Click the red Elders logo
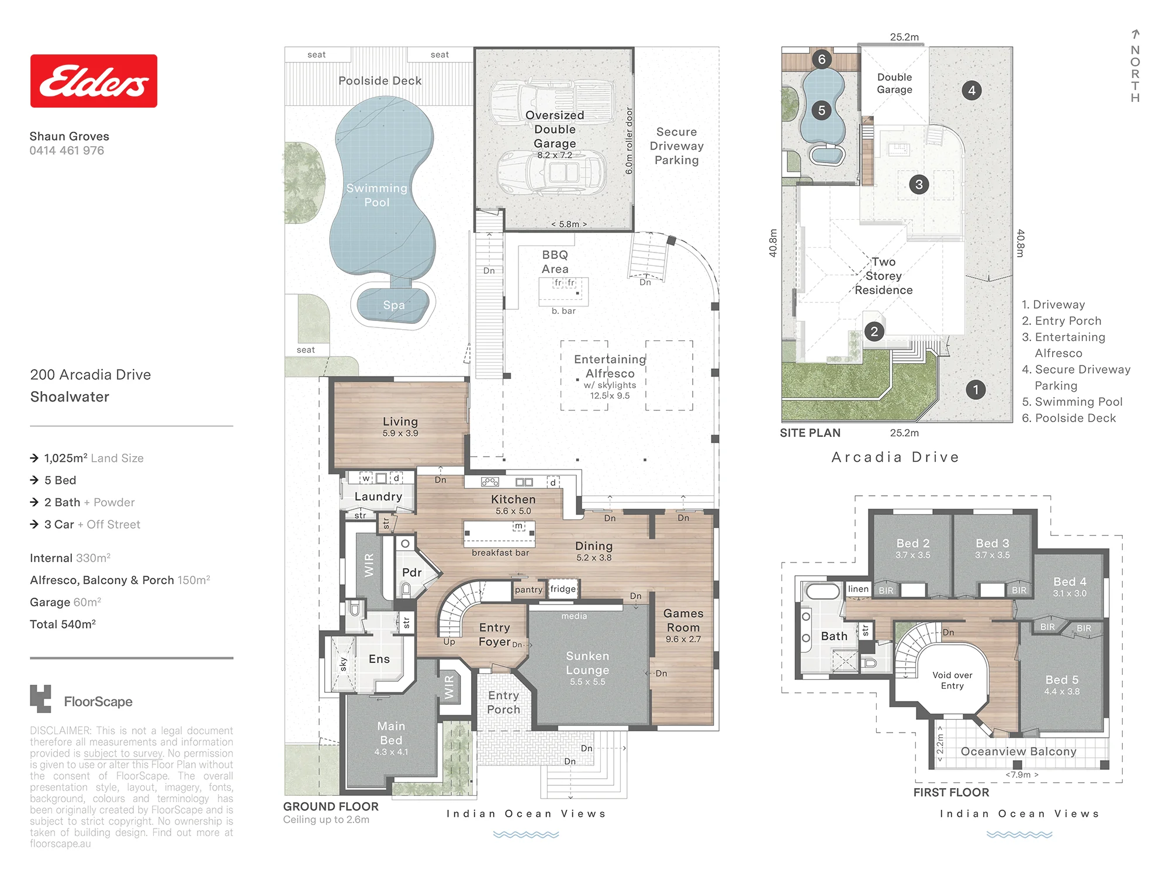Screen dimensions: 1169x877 point(94,81)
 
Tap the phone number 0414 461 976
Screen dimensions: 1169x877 point(67,150)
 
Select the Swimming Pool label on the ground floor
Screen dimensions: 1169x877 point(376,195)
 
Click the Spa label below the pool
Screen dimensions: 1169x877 point(394,305)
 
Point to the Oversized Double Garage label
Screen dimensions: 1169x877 point(555,129)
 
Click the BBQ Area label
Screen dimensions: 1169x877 point(555,262)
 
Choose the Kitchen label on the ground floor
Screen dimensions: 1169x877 point(513,499)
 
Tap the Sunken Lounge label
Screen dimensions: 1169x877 point(587,663)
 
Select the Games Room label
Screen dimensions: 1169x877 point(683,620)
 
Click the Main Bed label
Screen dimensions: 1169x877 point(391,733)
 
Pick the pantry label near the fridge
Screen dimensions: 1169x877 point(528,590)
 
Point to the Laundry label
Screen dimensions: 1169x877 point(378,496)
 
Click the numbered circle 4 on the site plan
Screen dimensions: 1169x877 point(971,91)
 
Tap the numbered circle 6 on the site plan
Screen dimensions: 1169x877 point(822,59)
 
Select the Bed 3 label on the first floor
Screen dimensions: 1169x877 point(992,543)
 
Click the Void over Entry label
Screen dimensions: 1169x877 point(952,681)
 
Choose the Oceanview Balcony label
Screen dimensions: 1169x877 point(1018,751)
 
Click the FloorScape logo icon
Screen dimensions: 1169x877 point(40,699)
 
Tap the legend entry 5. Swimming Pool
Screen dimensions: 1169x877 point(1072,402)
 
